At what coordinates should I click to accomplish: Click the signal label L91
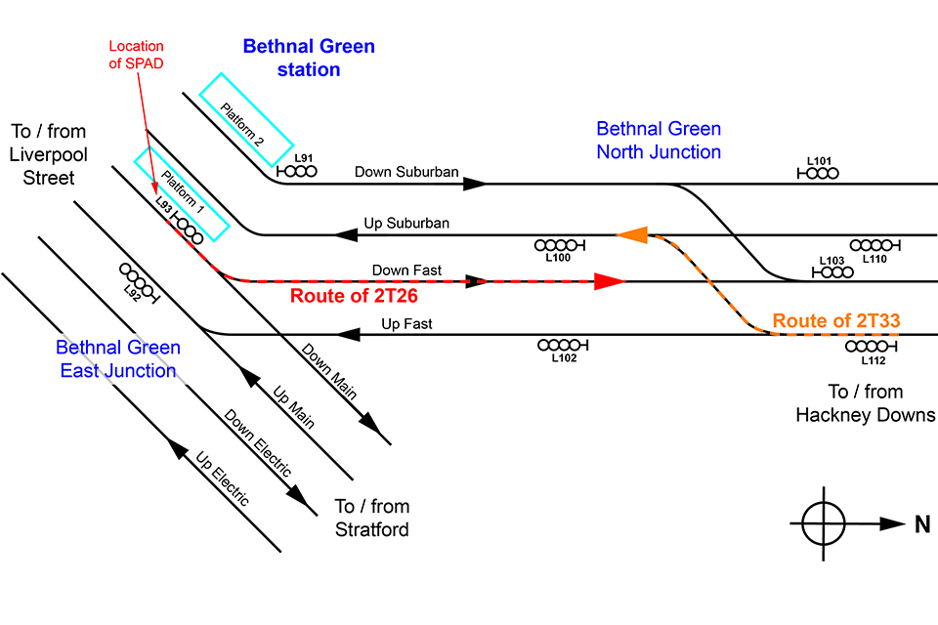tap(304, 157)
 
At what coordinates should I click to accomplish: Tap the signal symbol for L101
tap(819, 173)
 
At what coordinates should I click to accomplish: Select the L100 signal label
tap(556, 258)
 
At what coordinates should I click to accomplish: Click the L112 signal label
tap(873, 360)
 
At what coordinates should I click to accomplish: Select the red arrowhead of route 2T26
tap(610, 282)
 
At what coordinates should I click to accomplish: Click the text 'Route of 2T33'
tap(835, 319)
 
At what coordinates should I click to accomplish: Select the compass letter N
tap(922, 524)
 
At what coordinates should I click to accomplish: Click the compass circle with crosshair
tap(825, 523)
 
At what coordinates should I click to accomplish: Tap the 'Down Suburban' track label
tap(406, 173)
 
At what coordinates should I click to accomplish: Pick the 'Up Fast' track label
tap(406, 323)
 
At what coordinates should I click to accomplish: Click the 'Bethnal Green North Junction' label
tap(659, 140)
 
